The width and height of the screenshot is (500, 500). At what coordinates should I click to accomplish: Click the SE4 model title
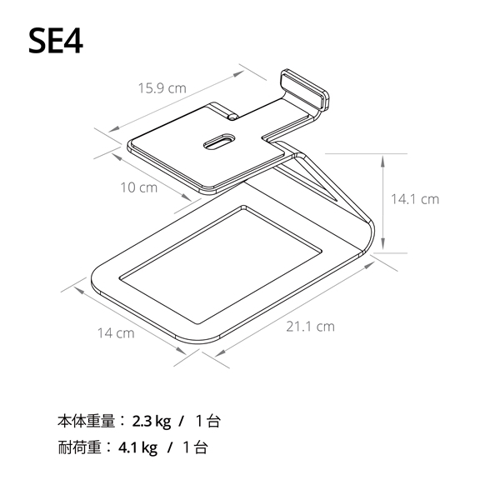click(x=56, y=41)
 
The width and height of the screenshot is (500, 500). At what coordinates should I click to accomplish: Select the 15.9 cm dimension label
click(x=162, y=88)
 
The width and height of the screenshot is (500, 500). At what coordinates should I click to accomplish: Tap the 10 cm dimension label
click(x=138, y=187)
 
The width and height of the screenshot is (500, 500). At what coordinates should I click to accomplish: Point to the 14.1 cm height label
click(x=415, y=199)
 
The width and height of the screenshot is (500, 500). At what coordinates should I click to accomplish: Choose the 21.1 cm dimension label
click(x=310, y=327)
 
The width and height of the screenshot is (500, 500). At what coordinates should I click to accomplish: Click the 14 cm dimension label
click(x=116, y=333)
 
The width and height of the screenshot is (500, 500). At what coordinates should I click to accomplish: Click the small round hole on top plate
click(x=232, y=117)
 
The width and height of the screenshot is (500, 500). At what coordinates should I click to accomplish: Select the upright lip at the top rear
click(x=304, y=89)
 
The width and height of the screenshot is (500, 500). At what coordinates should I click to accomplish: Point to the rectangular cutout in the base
click(x=220, y=265)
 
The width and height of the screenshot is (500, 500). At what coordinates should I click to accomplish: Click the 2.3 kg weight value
click(x=151, y=422)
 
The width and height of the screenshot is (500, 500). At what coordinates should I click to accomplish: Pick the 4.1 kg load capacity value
click(x=137, y=447)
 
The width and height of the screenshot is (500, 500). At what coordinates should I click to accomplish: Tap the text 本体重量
click(x=86, y=421)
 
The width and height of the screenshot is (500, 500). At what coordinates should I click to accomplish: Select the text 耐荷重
click(x=79, y=447)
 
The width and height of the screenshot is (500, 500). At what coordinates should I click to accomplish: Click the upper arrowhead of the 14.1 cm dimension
click(x=383, y=162)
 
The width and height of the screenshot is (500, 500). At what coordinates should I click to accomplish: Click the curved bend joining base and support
click(x=370, y=236)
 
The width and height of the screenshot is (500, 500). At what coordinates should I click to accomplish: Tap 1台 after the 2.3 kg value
click(x=207, y=421)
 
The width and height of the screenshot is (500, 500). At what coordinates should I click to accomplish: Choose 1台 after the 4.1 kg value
click(x=195, y=447)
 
